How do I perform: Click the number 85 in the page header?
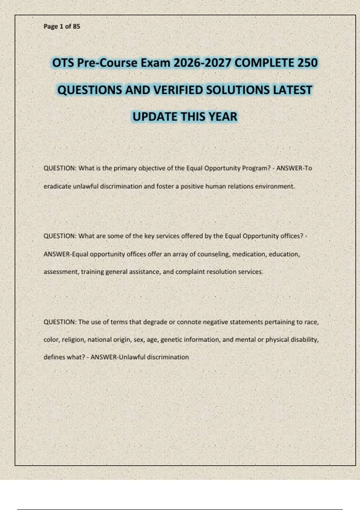point(76,26)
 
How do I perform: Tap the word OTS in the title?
point(63,63)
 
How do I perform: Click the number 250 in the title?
point(307,63)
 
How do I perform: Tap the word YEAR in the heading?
point(223,117)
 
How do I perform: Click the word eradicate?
point(57,186)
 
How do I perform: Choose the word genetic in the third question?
point(171,340)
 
